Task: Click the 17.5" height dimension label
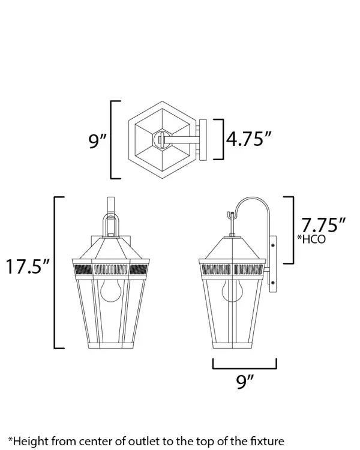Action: [28, 266]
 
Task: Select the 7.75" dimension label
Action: [323, 225]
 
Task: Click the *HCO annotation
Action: [311, 239]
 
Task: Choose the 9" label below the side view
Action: [245, 381]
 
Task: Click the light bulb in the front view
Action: [111, 290]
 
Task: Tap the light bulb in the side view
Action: [232, 290]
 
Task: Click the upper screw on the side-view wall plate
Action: [272, 245]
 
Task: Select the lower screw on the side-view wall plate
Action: [272, 283]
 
